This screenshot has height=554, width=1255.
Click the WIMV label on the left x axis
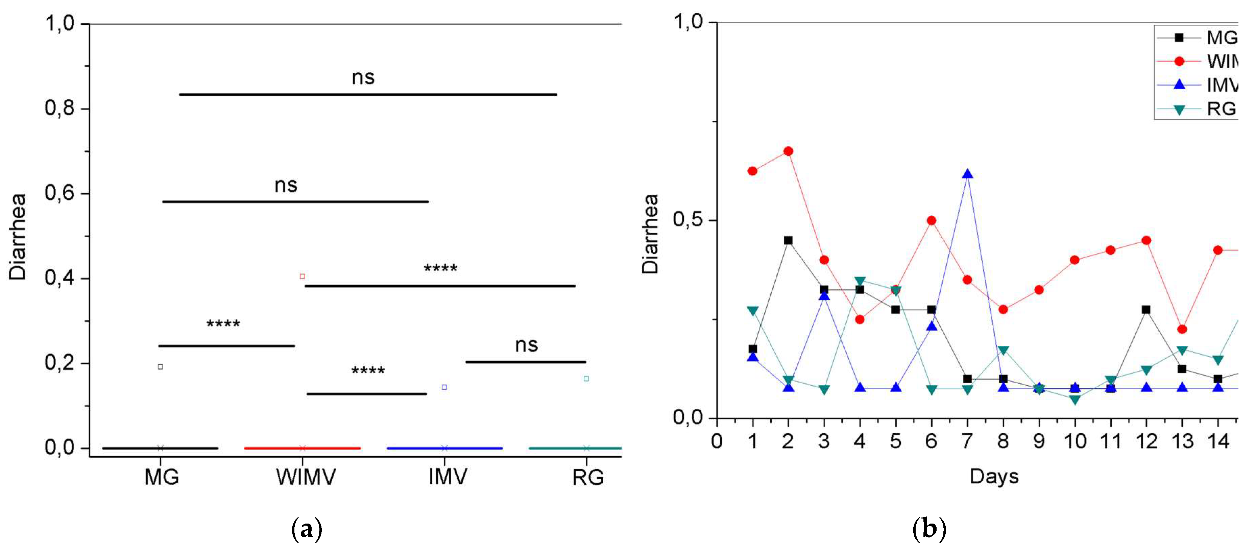[x=306, y=477]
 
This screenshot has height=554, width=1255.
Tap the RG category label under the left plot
[x=588, y=477]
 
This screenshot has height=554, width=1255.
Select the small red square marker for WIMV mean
[x=302, y=276]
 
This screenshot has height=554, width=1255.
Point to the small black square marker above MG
[x=160, y=367]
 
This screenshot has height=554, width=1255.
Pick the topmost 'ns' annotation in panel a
[x=363, y=77]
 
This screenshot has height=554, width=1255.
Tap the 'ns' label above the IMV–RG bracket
[x=526, y=345]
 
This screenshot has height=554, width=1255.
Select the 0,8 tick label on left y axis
[x=59, y=108]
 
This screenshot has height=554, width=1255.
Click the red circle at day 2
[x=788, y=151]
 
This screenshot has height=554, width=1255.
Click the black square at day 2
[x=788, y=240]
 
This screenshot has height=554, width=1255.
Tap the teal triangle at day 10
[x=1075, y=400]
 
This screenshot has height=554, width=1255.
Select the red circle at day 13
[x=1182, y=329]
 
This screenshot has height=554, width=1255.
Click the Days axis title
[x=994, y=476]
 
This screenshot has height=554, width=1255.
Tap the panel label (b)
[x=929, y=529]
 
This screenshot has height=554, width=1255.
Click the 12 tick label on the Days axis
[x=1147, y=441]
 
